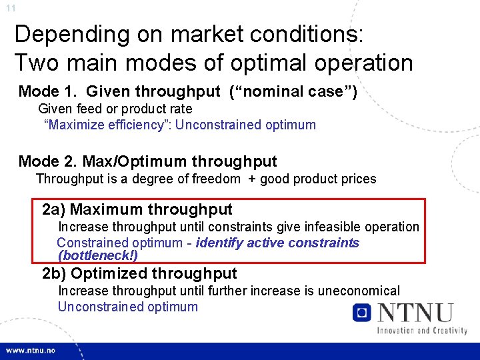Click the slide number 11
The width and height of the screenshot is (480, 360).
coord(10,9)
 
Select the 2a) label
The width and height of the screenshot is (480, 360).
coord(53,210)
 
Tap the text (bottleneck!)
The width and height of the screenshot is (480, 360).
coord(98,255)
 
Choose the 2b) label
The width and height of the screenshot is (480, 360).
coord(53,273)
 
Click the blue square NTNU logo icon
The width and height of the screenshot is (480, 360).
coord(362,313)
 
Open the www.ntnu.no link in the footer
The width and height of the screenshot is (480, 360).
coord(31,351)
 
